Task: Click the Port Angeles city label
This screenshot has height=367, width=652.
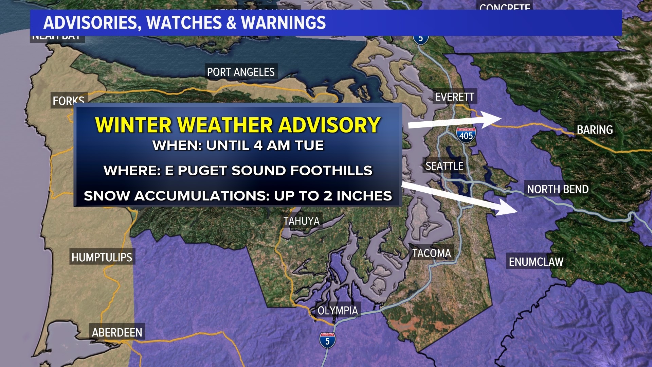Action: [x=241, y=72]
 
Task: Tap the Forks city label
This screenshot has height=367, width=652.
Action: [x=68, y=101]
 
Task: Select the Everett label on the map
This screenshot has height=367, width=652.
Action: [x=454, y=97]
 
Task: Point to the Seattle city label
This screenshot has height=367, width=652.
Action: [x=444, y=166]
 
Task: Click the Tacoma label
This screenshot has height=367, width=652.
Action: [x=431, y=253]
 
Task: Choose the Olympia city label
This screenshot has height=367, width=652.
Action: [x=338, y=311]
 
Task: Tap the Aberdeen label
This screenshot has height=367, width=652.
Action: [x=117, y=332]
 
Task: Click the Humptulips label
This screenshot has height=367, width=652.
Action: [x=102, y=257]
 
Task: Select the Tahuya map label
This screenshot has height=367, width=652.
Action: [x=302, y=221]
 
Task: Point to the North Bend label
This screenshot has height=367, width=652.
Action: [x=558, y=189]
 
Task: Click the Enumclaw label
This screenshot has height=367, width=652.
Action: [x=536, y=262]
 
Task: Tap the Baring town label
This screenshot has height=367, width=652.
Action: [x=595, y=130]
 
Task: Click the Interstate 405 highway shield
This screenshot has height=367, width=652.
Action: [x=466, y=135]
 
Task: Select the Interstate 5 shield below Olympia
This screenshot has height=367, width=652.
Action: [x=327, y=340]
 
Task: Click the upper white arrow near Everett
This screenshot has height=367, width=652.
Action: [x=455, y=121]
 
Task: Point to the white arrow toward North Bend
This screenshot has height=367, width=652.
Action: [x=458, y=199]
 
